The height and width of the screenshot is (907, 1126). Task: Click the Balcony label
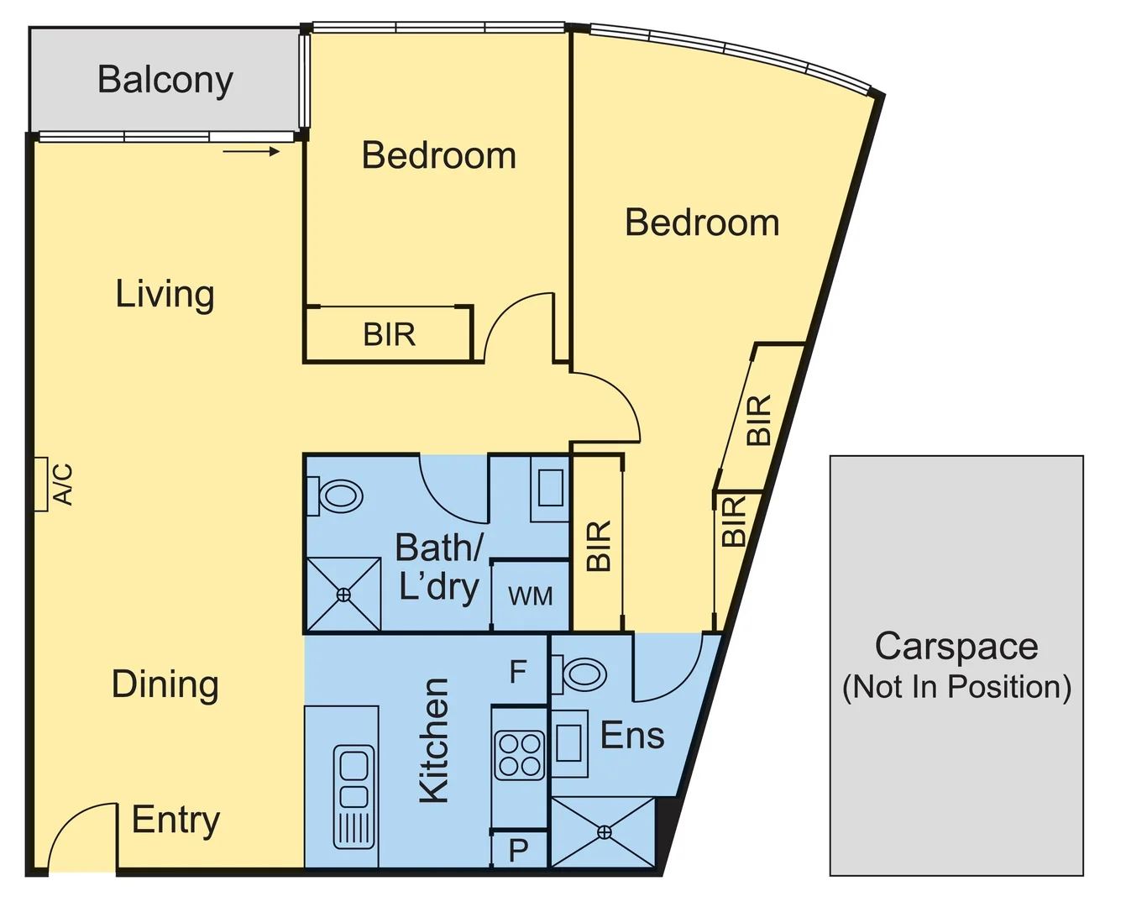pyautogui.click(x=165, y=81)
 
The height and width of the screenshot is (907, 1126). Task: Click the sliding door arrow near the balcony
pyautogui.click(x=251, y=152)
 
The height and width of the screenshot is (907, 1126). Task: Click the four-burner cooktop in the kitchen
pyautogui.click(x=520, y=755)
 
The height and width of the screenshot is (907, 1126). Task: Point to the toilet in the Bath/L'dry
pyautogui.click(x=337, y=495)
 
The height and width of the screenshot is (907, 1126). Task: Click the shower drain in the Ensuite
pyautogui.click(x=604, y=832)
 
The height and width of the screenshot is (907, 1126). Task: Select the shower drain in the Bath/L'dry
pyautogui.click(x=343, y=595)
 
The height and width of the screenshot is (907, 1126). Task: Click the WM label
pyautogui.click(x=531, y=596)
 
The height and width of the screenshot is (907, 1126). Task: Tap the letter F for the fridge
pyautogui.click(x=518, y=672)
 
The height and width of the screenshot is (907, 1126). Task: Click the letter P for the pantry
pyautogui.click(x=518, y=851)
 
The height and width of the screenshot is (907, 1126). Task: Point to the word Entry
pyautogui.click(x=175, y=820)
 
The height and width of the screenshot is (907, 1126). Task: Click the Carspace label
pyautogui.click(x=956, y=647)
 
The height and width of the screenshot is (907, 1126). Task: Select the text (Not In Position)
pyautogui.click(x=956, y=687)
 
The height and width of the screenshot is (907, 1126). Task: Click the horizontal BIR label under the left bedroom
pyautogui.click(x=389, y=335)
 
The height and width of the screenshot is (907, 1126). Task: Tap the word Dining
pyautogui.click(x=165, y=684)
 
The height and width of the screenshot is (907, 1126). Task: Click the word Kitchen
pyautogui.click(x=434, y=741)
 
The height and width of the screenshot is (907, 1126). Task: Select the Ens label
pyautogui.click(x=632, y=736)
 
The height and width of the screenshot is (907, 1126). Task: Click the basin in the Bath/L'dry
pyautogui.click(x=550, y=488)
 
